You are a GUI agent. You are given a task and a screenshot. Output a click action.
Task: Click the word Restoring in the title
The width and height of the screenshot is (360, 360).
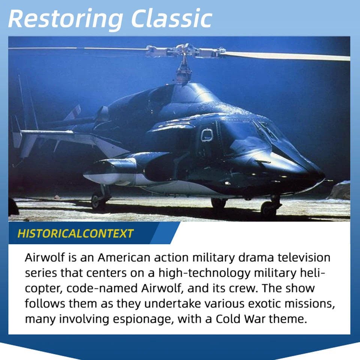click(x=65, y=19)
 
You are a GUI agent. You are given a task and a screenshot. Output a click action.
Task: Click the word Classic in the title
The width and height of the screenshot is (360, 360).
click(x=171, y=18)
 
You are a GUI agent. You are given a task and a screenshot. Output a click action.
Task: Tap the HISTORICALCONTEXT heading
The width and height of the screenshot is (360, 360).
click(x=75, y=234)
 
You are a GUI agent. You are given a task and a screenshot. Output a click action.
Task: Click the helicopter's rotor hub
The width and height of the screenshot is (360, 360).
click(x=184, y=51)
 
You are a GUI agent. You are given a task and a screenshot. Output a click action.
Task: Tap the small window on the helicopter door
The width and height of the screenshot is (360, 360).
click(x=207, y=135)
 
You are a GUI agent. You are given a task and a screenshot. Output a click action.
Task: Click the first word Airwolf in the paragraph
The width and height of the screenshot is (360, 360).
click(x=45, y=258)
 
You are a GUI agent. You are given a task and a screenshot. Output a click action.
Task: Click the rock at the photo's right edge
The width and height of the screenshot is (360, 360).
click(x=340, y=190)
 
